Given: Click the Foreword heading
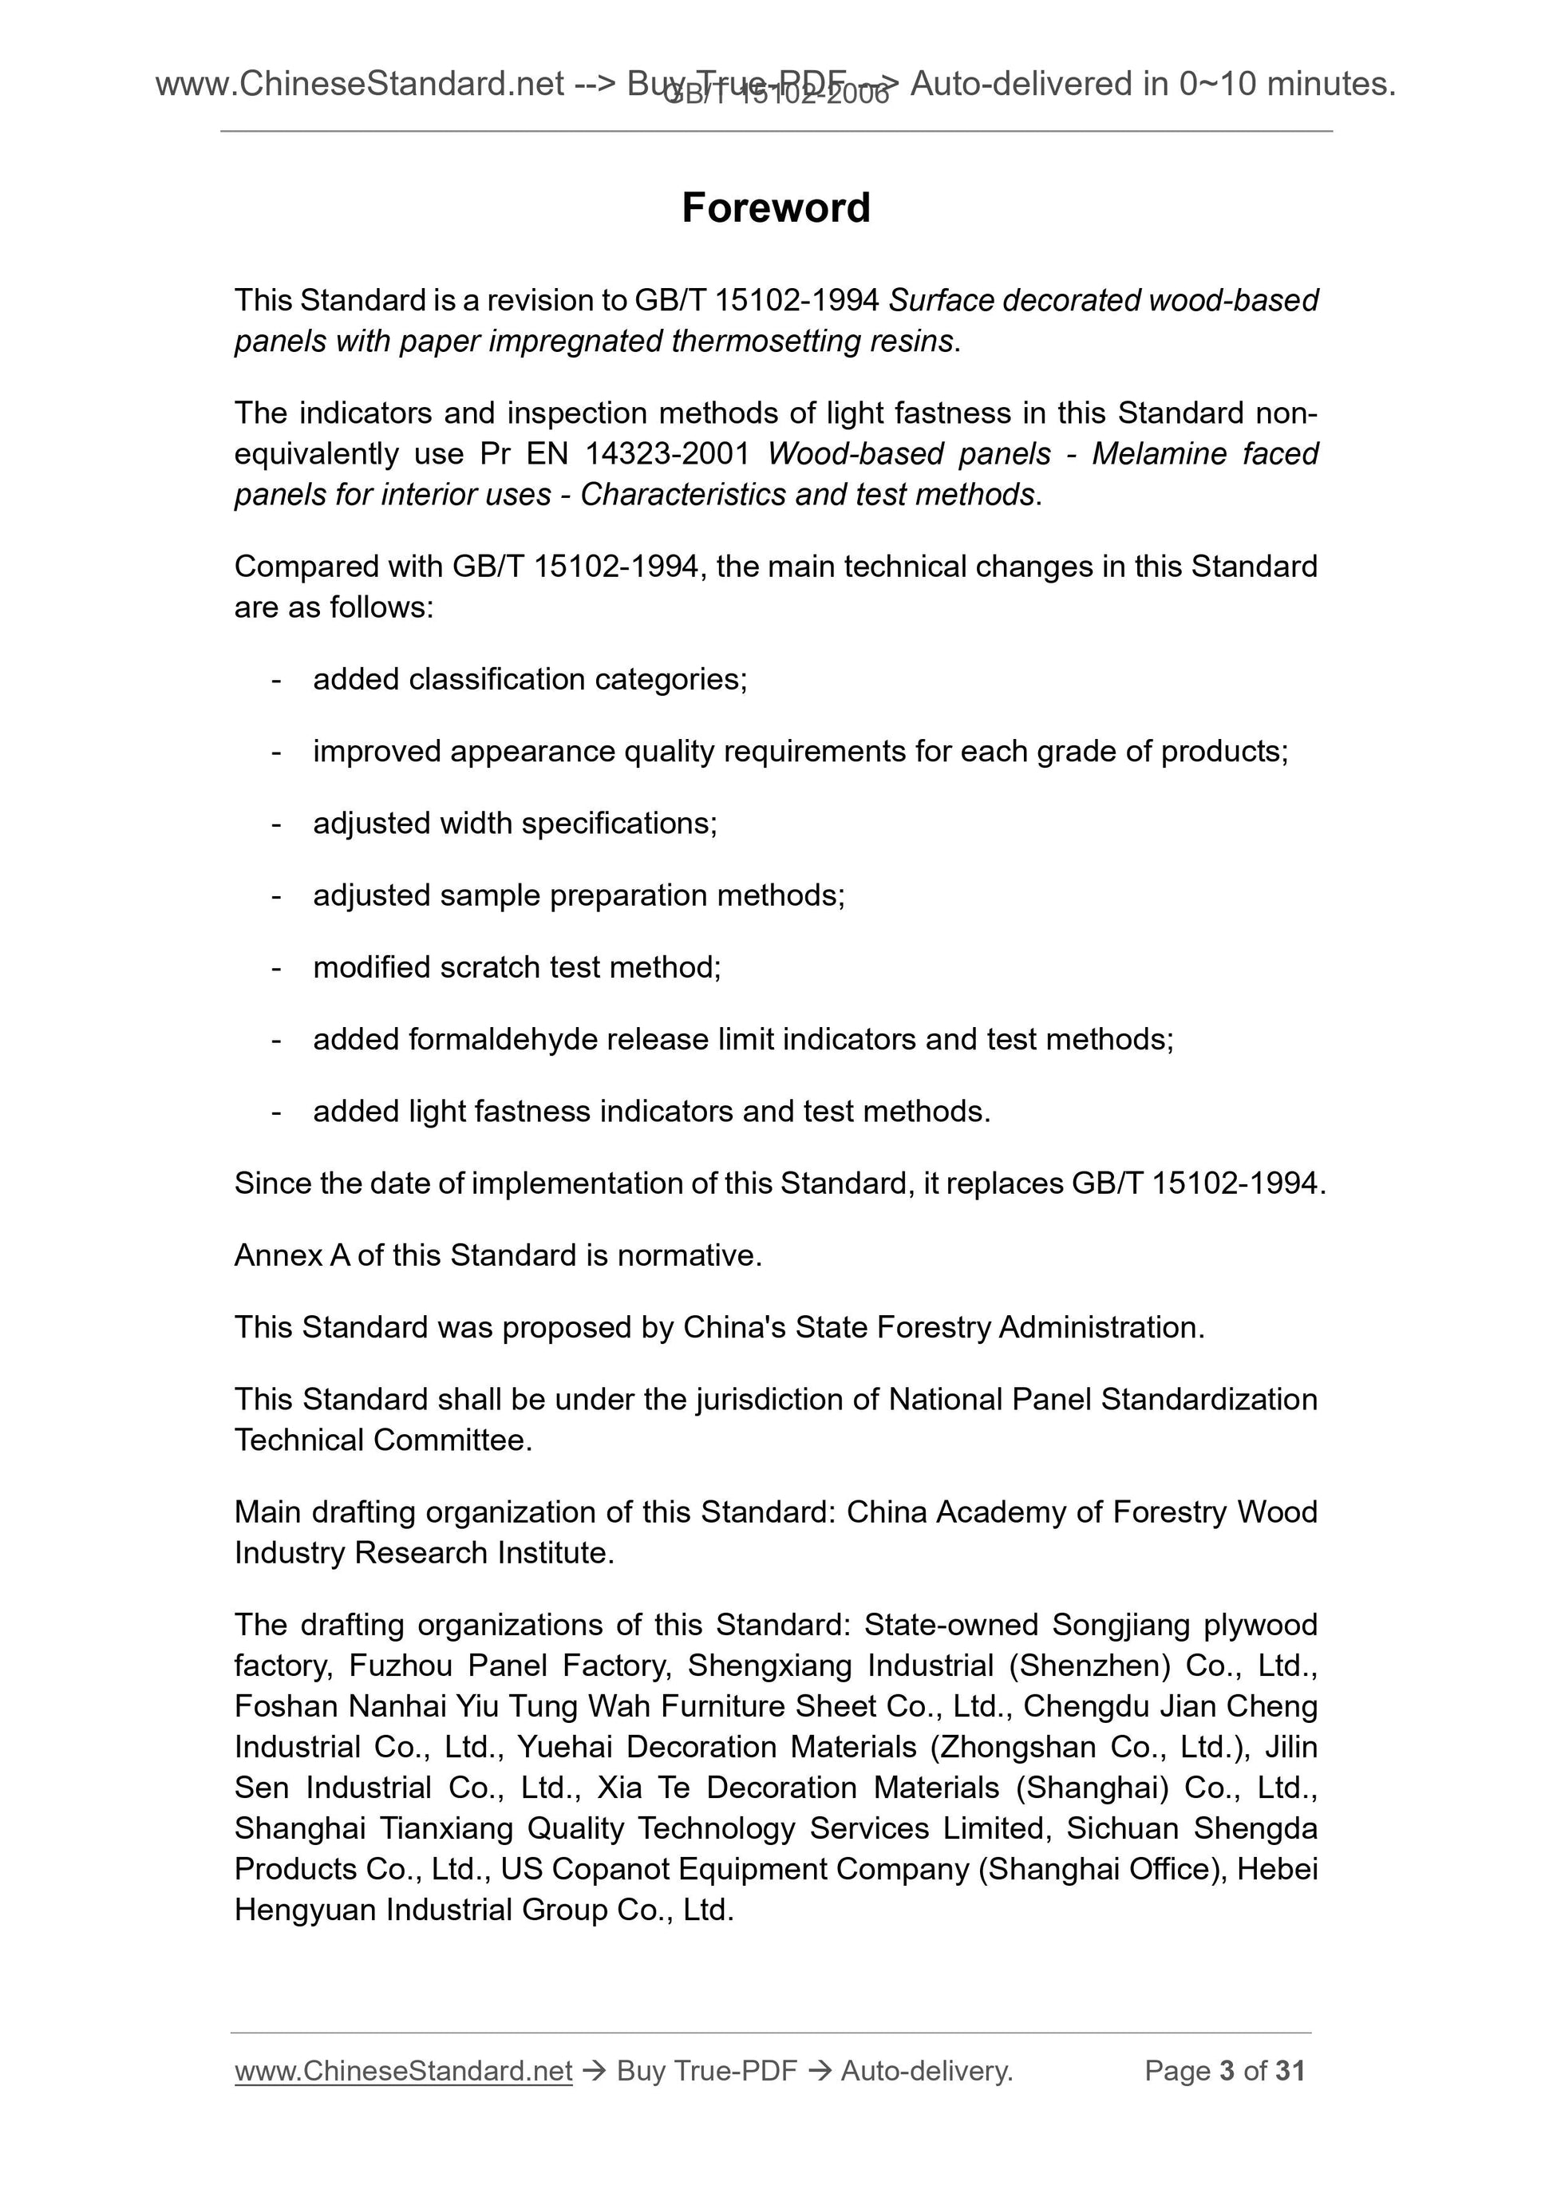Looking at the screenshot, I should click(775, 208).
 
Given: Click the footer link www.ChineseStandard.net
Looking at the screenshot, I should click(403, 2071).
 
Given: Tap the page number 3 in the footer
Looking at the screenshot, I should click(1226, 2071).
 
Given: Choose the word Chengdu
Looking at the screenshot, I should click(1084, 1706).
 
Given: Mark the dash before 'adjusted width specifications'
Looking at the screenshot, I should click(275, 824).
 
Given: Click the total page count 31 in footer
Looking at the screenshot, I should click(1290, 2071).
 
